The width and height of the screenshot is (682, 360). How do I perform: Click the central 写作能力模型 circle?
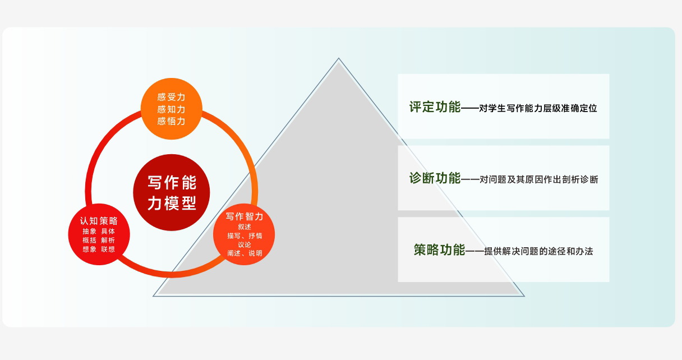pyautogui.click(x=172, y=192)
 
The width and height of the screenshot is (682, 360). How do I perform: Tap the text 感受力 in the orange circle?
pyautogui.click(x=172, y=97)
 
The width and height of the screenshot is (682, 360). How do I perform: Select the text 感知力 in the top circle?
pyautogui.click(x=172, y=109)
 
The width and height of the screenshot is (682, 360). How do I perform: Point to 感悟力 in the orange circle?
pyautogui.click(x=172, y=121)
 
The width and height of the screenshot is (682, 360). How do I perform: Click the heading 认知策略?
pyautogui.click(x=99, y=220)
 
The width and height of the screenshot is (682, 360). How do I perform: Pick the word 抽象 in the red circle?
pyautogui.click(x=90, y=231)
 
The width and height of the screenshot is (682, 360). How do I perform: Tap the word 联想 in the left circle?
pyautogui.click(x=108, y=249)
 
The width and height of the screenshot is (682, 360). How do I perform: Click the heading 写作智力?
pyautogui.click(x=245, y=216)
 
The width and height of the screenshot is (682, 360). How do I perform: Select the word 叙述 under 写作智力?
pyautogui.click(x=245, y=227)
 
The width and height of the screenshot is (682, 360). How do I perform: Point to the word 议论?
pyautogui.click(x=245, y=244)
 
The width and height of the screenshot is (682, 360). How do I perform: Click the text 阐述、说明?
pyautogui.click(x=245, y=253)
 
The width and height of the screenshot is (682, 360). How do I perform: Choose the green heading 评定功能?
pyautogui.click(x=435, y=107)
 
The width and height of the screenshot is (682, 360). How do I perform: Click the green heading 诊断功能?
pyautogui.click(x=435, y=178)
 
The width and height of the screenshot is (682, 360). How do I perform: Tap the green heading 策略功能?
pyautogui.click(x=439, y=250)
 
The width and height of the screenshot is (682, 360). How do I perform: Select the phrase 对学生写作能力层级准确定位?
pyautogui.click(x=538, y=108)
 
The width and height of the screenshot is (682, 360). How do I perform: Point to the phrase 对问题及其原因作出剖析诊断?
pyautogui.click(x=539, y=179)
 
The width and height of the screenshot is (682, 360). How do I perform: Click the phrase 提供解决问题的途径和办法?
pyautogui.click(x=538, y=251)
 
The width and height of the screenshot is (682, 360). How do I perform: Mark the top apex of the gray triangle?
pyautogui.click(x=339, y=58)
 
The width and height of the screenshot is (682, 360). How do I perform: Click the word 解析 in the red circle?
pyautogui.click(x=108, y=240)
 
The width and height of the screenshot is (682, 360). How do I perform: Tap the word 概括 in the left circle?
pyautogui.click(x=90, y=240)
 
